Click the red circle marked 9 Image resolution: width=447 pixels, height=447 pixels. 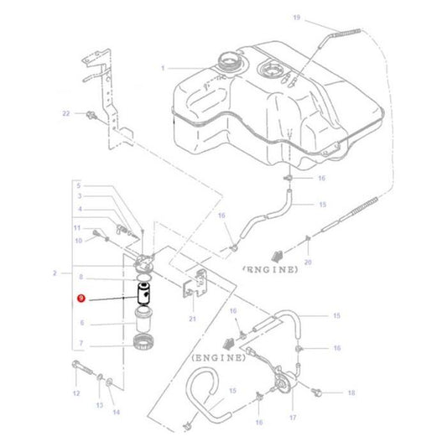click(x=81, y=298)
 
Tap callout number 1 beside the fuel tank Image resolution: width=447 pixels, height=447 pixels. click(x=164, y=68)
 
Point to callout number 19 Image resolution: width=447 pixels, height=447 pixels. click(x=295, y=18)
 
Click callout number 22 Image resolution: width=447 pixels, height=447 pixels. click(x=65, y=112)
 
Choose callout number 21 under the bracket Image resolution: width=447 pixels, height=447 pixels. click(x=192, y=320)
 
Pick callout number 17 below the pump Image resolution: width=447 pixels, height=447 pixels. click(x=293, y=417)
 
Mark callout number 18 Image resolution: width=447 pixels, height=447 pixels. click(x=351, y=392)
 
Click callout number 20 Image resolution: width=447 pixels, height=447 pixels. click(x=308, y=262)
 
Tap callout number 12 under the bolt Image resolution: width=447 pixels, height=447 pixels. click(x=75, y=393)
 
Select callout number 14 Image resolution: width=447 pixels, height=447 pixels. click(x=116, y=412)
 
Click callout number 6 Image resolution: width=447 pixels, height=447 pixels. click(x=81, y=322)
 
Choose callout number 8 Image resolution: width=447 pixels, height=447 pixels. click(x=81, y=276)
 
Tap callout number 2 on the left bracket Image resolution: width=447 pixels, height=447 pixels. click(x=55, y=273)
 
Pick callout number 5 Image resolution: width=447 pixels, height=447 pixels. click(x=81, y=185)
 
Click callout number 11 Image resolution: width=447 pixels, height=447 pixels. click(x=75, y=227)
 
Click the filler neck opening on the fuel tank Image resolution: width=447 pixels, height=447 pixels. click(x=228, y=61)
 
